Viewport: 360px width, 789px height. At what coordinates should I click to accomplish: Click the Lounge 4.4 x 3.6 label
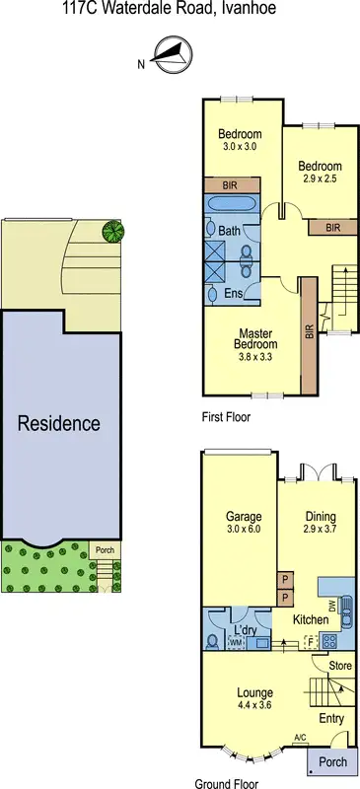[x=254, y=698]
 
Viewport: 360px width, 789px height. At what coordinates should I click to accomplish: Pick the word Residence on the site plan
[x=59, y=424]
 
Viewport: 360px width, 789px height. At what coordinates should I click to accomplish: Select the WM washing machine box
[x=236, y=643]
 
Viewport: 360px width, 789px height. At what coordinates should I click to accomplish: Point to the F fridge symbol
[x=312, y=639]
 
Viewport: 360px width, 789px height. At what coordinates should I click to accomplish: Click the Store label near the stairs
[x=340, y=667]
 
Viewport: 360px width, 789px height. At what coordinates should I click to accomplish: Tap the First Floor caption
[x=225, y=417]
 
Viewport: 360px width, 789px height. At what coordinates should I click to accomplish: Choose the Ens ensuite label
[x=234, y=293]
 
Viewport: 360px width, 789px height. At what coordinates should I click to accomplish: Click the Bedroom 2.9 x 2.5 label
[x=321, y=173]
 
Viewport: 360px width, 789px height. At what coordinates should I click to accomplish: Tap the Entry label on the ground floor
[x=331, y=719]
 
